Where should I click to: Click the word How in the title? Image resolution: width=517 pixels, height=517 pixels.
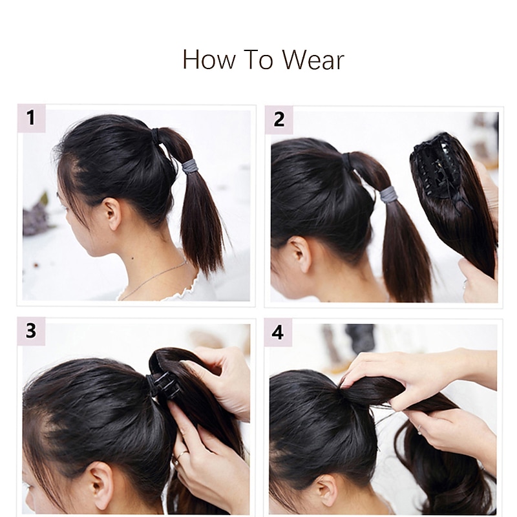pos(209,59)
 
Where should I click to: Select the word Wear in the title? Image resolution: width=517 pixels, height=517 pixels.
pos(313,59)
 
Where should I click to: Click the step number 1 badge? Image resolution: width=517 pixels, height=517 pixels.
pos(31,118)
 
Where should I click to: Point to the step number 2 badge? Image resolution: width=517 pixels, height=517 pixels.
pos(279,120)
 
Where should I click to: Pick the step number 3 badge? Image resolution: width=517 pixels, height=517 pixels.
pos(31,331)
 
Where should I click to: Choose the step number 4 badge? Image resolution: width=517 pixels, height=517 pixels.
pos(278,332)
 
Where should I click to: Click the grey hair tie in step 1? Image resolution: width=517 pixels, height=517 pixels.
pos(189,166)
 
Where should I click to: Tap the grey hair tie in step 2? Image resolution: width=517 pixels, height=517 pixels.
pos(388,195)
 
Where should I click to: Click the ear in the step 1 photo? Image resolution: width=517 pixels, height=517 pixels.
pos(112,214)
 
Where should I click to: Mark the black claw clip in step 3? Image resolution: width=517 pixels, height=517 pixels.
pos(164,384)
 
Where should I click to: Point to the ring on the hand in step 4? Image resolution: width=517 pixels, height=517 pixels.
pos(420,429)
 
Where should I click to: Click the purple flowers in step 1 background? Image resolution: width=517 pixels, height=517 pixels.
pos(36,216)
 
